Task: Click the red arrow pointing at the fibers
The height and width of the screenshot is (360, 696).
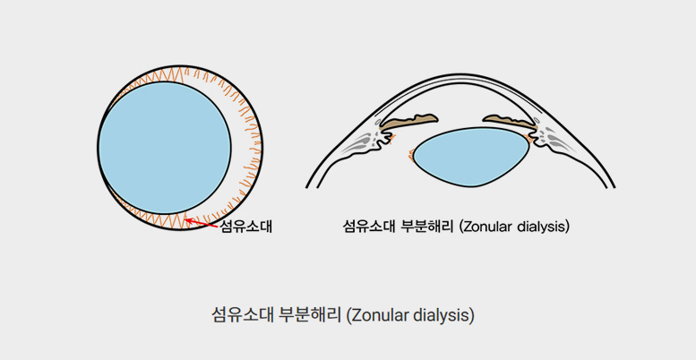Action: tap(201, 223)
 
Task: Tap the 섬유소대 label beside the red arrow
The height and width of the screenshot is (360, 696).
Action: tap(245, 227)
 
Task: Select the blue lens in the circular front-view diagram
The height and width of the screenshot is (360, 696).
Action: tap(165, 148)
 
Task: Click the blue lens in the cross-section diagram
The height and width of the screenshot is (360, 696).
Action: tap(472, 157)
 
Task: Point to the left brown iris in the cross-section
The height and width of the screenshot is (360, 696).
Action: tap(408, 122)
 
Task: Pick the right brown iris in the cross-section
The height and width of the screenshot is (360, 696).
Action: tap(510, 121)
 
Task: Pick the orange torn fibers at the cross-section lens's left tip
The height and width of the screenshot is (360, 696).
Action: tap(411, 154)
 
